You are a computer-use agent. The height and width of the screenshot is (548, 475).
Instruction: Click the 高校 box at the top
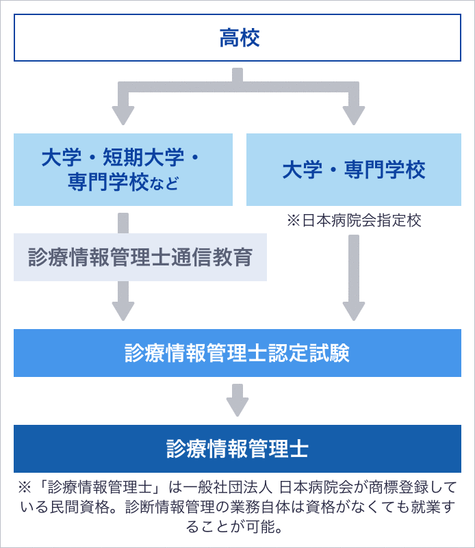[x=237, y=38]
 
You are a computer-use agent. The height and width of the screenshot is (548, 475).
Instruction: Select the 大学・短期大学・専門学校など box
[x=123, y=169]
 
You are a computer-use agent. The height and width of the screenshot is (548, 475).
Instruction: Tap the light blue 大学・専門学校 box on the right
[x=353, y=169]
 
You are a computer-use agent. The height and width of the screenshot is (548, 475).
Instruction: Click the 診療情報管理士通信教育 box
[x=140, y=257]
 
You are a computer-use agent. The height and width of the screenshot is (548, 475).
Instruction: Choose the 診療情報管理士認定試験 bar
[x=237, y=352]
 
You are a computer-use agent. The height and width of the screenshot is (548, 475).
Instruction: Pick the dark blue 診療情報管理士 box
[x=237, y=449]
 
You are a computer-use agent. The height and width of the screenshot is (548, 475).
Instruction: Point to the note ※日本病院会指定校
[x=353, y=220]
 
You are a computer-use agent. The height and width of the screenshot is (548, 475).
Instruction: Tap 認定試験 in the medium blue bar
[x=321, y=352]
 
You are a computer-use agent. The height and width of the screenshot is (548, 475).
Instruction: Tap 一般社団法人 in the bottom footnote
[x=232, y=488]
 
